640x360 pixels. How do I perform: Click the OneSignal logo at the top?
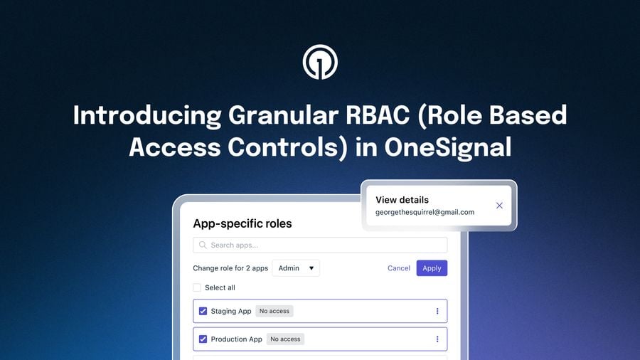point(320,62)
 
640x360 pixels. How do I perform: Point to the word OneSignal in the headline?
point(448,147)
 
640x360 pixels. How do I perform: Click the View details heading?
point(402,200)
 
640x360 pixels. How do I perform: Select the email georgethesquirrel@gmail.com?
point(425,212)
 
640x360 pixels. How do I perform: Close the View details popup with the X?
point(499,206)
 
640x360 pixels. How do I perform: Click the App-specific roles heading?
point(242,223)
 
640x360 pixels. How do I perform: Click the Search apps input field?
point(320,245)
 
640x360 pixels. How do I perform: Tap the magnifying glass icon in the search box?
point(203,245)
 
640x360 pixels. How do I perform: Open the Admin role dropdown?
point(296,268)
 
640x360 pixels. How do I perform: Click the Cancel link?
point(399,268)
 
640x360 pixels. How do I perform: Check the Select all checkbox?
point(197,287)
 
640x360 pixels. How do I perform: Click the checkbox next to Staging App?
point(203,311)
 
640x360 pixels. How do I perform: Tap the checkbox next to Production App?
point(203,339)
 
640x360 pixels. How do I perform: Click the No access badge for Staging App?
point(274,311)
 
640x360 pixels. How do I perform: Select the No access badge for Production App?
point(285,339)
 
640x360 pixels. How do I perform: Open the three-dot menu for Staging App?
point(437,311)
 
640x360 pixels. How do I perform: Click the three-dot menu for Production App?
point(437,339)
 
